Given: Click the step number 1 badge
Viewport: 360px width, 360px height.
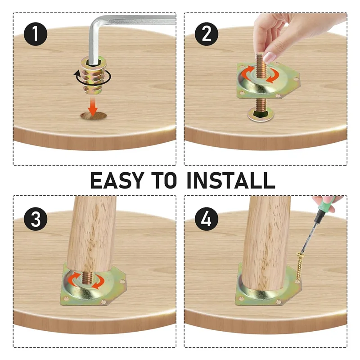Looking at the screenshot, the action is pos(36,34).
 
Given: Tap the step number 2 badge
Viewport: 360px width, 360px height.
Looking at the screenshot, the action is pos(207,34).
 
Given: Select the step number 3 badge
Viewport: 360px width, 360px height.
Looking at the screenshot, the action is pos(36,219).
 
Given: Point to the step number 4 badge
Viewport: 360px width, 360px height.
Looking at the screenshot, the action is pos(207,219).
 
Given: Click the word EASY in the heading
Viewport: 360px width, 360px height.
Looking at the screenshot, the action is pos(117,180).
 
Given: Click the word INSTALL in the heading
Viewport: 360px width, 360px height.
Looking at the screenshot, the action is pos(231,180).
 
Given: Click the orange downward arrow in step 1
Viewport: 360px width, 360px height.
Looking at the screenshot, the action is pos(93,106).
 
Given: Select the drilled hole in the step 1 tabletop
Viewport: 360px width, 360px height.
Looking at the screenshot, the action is pos(94,116).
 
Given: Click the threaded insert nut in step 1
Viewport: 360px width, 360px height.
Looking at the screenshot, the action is pos(94,75).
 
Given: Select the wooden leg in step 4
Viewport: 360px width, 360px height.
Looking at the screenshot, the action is pos(266,243).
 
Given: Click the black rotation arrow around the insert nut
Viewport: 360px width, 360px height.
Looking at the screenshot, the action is pos(92,78).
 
